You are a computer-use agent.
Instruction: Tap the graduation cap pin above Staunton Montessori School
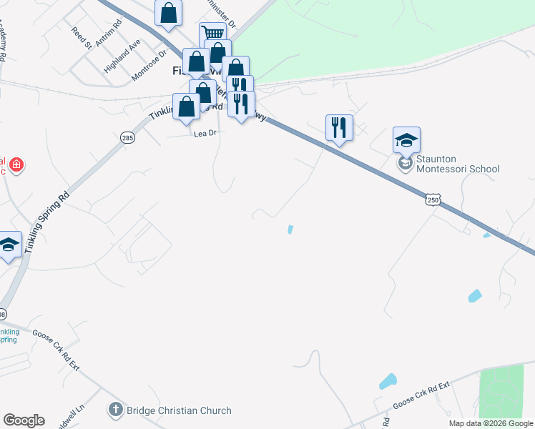point(406,140)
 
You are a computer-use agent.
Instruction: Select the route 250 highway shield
point(433,200)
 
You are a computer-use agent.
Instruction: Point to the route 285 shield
point(127,137)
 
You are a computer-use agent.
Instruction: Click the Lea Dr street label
point(205,133)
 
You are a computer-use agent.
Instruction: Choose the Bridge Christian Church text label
point(179,410)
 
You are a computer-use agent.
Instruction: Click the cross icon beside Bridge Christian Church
point(115,410)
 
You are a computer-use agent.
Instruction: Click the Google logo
point(24,420)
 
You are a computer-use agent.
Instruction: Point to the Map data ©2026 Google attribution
point(491,423)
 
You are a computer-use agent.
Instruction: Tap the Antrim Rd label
point(108,41)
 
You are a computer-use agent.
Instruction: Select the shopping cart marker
point(212,34)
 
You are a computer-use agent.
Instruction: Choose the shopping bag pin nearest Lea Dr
point(187,107)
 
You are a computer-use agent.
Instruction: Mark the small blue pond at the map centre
point(290,230)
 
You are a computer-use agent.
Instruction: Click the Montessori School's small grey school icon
point(406,164)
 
